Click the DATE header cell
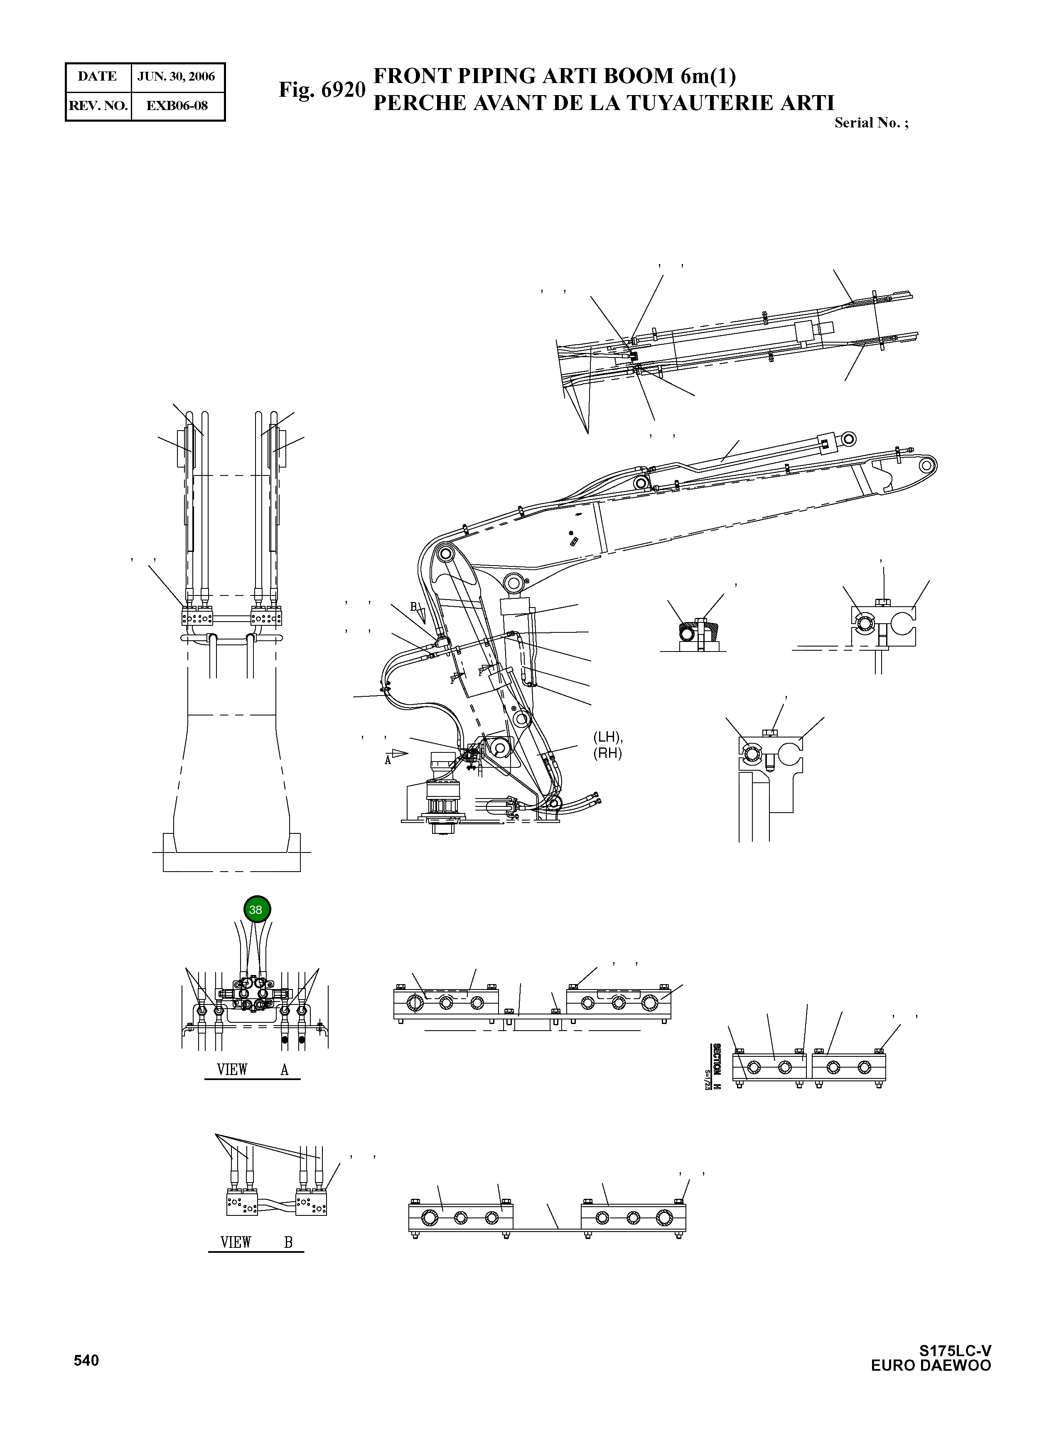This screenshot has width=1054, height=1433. pos(98,76)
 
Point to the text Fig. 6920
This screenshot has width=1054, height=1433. pos(322,90)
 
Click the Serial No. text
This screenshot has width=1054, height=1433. pos(871,123)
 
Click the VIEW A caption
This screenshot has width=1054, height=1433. pos(253,1070)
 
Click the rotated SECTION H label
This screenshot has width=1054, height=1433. pos(716,1067)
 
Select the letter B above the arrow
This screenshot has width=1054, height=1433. pos(413,606)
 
